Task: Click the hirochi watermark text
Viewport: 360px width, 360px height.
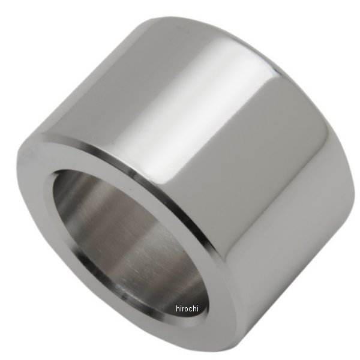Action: [x=187, y=308]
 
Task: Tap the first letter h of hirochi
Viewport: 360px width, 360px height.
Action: [x=178, y=308]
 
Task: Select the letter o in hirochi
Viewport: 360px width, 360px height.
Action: [x=186, y=309]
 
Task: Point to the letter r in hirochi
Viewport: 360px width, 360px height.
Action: [x=182, y=309]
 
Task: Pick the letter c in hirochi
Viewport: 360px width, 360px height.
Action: [x=190, y=309]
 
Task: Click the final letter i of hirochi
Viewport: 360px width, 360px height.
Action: [x=197, y=308]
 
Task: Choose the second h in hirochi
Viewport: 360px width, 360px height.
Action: [x=194, y=308]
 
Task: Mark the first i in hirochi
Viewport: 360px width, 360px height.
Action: [x=180, y=308]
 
